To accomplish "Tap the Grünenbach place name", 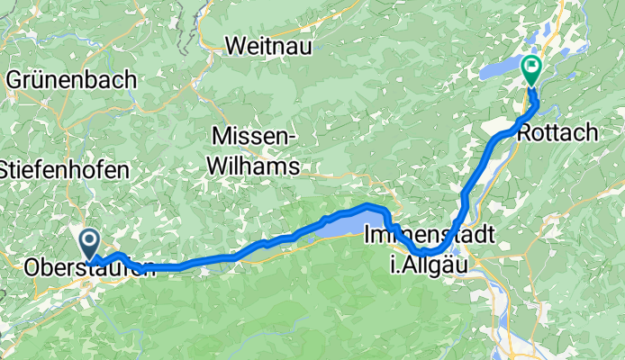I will [72, 79].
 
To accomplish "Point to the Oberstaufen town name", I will [86, 268].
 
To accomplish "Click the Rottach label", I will [557, 133].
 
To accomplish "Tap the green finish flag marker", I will [531, 67].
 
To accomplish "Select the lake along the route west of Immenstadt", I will [351, 225].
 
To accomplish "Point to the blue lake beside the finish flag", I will [500, 71].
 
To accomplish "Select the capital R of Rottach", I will [525, 133].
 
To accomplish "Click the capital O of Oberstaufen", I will [33, 268].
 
